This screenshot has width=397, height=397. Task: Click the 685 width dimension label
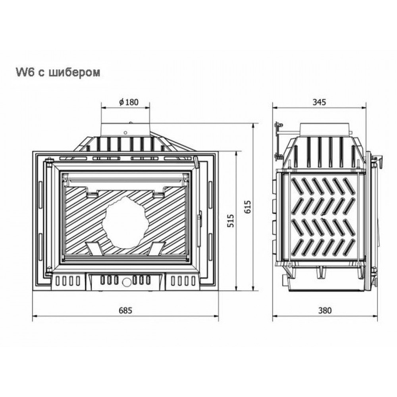tap(125, 310)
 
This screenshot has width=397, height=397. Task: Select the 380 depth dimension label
tap(325, 310)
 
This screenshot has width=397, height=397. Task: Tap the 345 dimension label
tap(319, 102)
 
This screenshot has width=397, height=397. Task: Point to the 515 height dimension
tap(230, 221)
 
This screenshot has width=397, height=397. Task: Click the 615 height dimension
tap(248, 207)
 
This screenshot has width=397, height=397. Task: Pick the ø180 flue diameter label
tap(129, 102)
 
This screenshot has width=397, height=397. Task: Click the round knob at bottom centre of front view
tap(125, 282)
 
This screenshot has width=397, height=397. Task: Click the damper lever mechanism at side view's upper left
tap(278, 141)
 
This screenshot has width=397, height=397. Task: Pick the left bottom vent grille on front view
tap(67, 281)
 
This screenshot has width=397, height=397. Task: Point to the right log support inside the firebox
tap(156, 248)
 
